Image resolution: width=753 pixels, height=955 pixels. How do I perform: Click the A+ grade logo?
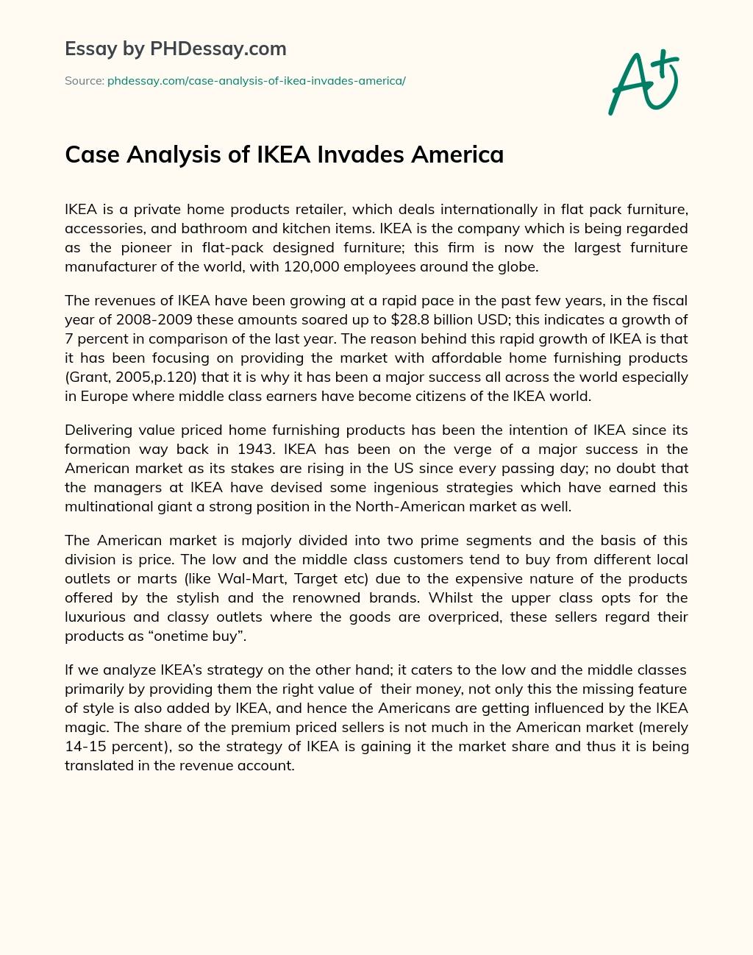point(643,82)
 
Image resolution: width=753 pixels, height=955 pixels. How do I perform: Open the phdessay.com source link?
point(257,81)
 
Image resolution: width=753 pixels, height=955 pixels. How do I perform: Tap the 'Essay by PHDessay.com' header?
point(176,49)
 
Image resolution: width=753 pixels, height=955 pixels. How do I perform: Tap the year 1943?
point(264,449)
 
